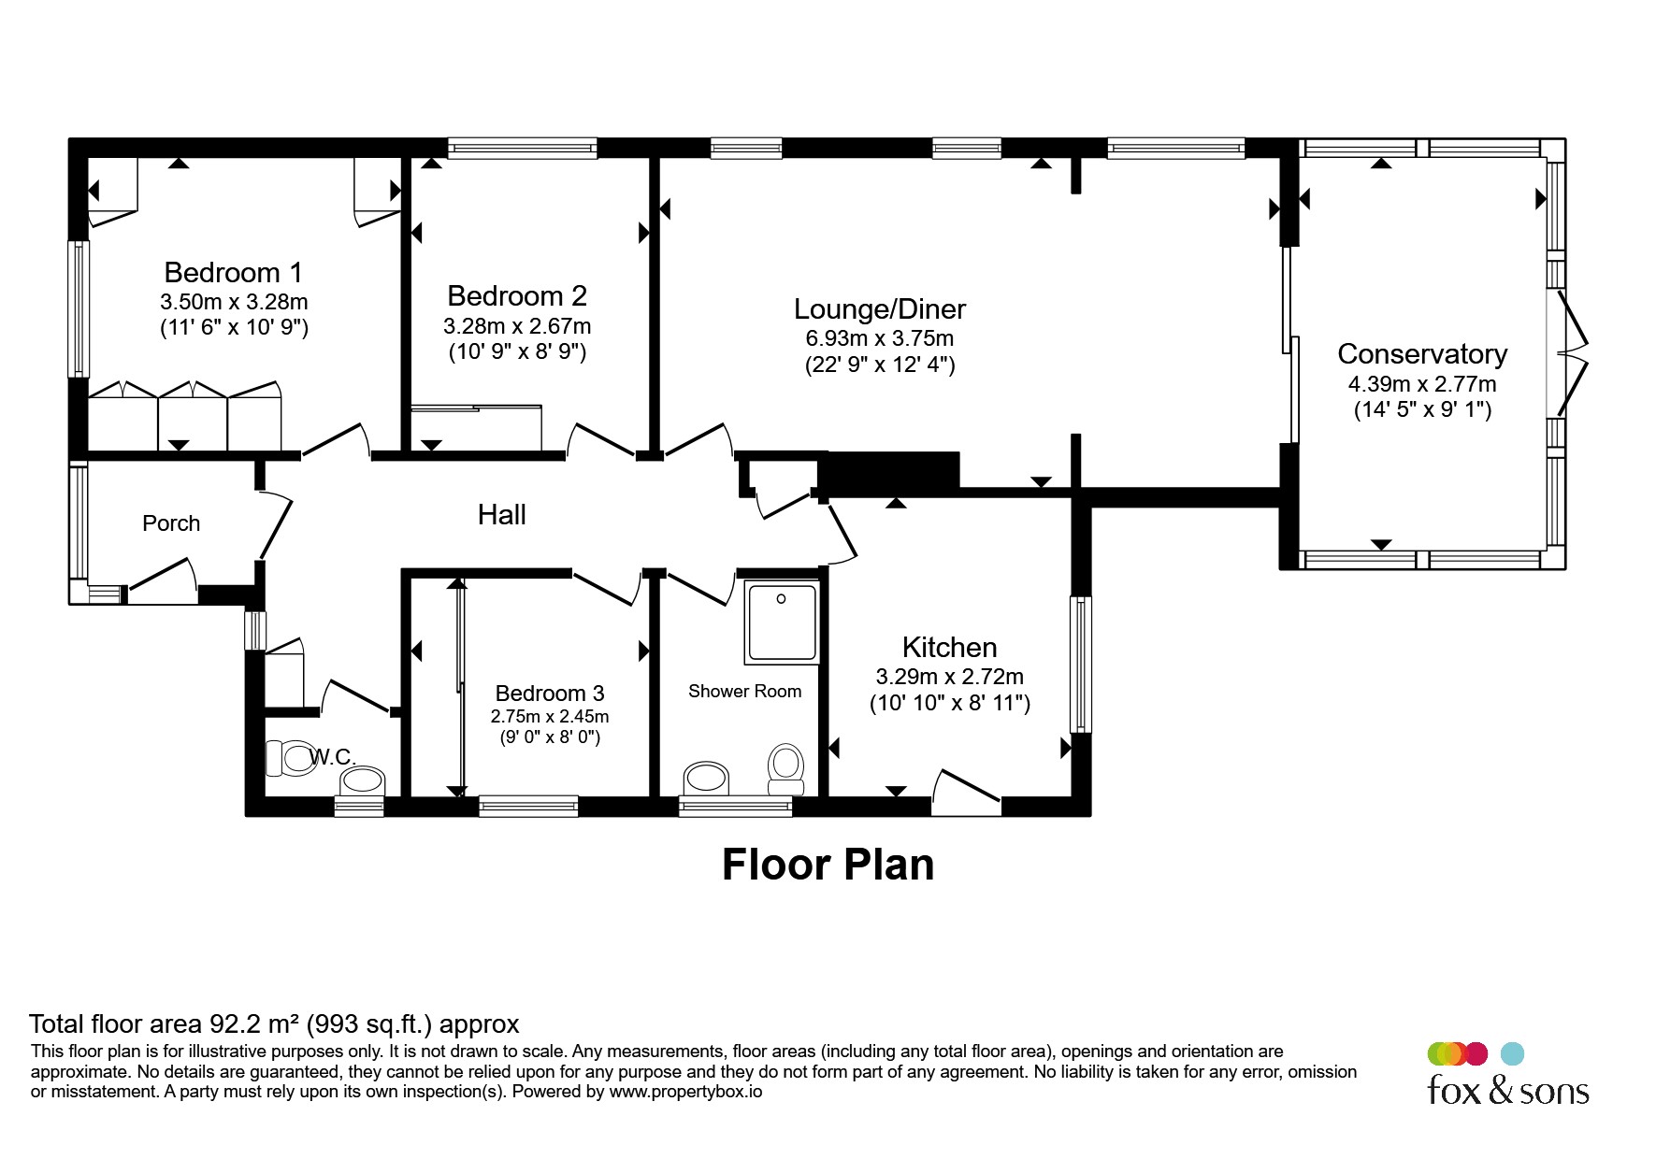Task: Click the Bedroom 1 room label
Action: (x=234, y=272)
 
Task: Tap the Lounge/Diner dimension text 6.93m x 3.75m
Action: (x=880, y=338)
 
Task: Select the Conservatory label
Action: (x=1422, y=354)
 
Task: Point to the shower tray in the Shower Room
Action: (x=783, y=622)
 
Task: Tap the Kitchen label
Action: (x=949, y=647)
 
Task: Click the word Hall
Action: (x=502, y=514)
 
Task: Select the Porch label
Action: (x=171, y=523)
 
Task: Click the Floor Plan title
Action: (x=828, y=865)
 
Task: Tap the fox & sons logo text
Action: (x=1508, y=1090)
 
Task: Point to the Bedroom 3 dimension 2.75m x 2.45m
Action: (x=550, y=717)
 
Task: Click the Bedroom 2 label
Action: (x=517, y=295)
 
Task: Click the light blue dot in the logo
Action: (x=1512, y=1053)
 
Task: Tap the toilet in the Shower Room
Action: (x=786, y=765)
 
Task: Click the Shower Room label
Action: (x=744, y=692)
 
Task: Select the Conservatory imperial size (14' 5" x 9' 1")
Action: (x=1422, y=409)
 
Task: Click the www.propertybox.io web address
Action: (x=685, y=1091)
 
